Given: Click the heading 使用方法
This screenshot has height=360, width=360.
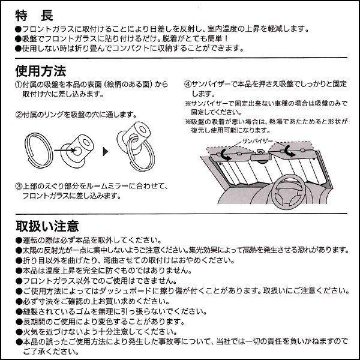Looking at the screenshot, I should (x=41, y=71).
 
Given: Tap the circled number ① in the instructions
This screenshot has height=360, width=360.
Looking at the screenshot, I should (x=18, y=85).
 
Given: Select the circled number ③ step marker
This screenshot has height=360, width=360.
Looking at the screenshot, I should (x=18, y=187).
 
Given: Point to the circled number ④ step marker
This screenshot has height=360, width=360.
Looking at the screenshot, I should (x=187, y=85).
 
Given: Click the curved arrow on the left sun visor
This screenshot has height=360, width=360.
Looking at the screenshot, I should (x=224, y=154).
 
